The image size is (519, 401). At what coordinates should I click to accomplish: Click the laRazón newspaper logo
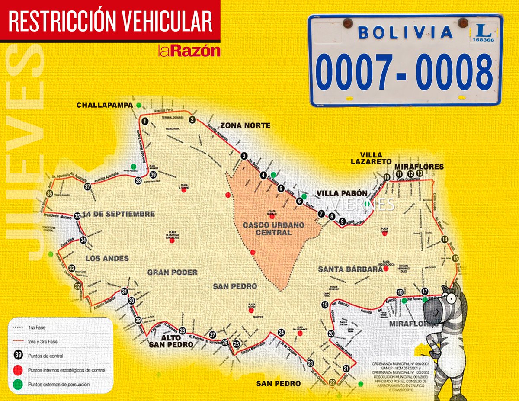189,51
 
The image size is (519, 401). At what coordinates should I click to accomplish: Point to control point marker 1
145,122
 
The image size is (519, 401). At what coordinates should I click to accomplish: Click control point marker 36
50,194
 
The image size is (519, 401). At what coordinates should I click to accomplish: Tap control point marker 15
455,258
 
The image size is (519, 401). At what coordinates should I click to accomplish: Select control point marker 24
282,333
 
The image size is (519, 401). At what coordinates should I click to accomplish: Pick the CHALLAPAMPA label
103,105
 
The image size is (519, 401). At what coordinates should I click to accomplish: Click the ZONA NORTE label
245,126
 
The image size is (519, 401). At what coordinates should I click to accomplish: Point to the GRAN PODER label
173,273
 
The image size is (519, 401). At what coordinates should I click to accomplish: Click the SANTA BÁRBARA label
350,269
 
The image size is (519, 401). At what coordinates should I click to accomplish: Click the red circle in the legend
19,371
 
